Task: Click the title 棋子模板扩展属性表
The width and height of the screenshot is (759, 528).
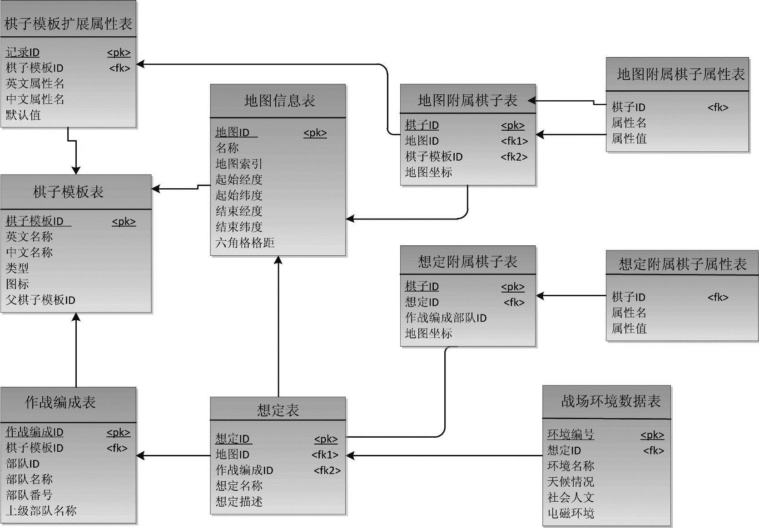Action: (x=68, y=24)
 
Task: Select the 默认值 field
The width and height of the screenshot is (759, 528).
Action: (x=23, y=115)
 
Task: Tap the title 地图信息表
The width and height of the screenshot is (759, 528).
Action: (x=279, y=101)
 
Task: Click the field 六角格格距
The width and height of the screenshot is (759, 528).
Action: (x=245, y=243)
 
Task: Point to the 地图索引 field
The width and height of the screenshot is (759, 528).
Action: (x=239, y=164)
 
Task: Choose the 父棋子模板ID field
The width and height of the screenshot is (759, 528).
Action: (x=40, y=300)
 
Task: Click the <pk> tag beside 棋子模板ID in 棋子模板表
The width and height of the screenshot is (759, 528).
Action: (x=124, y=222)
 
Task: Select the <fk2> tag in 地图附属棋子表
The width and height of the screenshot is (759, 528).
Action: (x=514, y=157)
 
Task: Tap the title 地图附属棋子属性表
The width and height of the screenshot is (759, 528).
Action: (x=680, y=74)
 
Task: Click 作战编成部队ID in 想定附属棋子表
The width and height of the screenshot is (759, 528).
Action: (x=446, y=318)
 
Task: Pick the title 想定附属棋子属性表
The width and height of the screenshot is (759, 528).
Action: (x=682, y=264)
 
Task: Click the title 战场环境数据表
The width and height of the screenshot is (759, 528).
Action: (x=610, y=401)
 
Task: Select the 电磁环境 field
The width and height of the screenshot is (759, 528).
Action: (x=570, y=513)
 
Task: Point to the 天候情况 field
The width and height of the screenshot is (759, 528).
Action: (x=570, y=482)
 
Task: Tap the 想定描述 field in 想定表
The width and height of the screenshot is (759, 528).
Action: (x=239, y=502)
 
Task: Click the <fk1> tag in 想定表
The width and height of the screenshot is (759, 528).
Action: (x=325, y=455)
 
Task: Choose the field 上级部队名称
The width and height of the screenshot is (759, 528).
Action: (x=41, y=511)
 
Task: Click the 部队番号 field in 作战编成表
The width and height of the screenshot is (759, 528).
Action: (x=29, y=495)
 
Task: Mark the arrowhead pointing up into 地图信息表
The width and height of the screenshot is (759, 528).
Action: (x=278, y=260)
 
